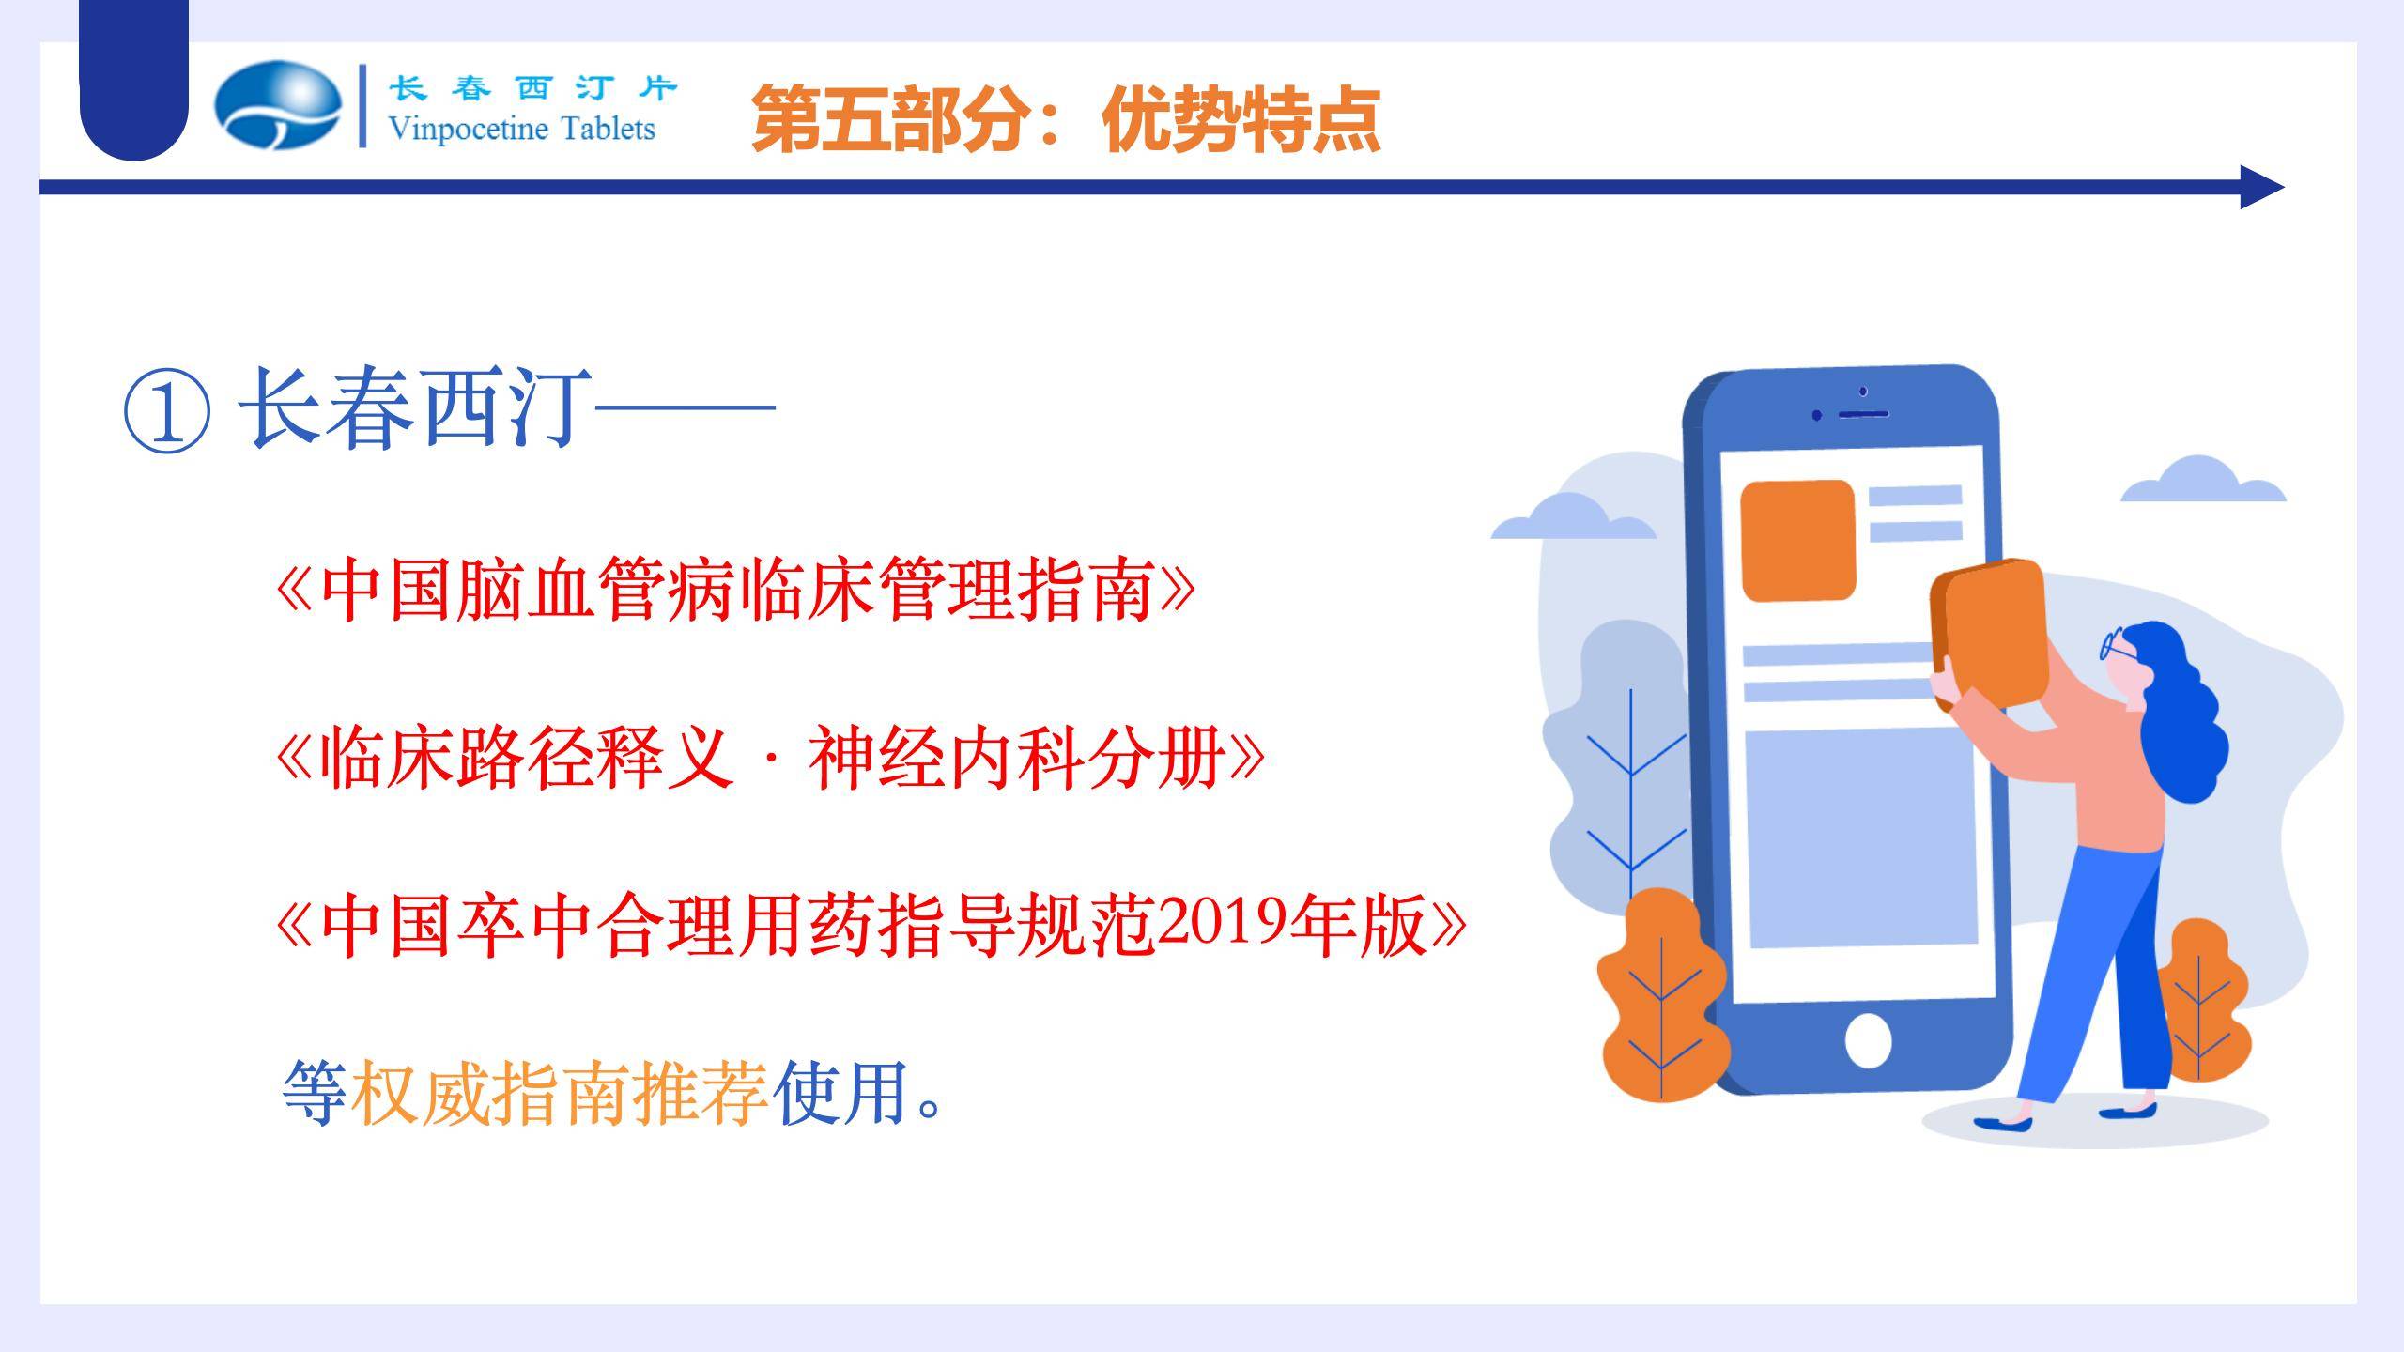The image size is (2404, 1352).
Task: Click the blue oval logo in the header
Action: (x=278, y=105)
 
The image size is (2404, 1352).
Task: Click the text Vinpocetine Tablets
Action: (x=521, y=129)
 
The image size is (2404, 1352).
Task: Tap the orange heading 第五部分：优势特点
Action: (x=1066, y=119)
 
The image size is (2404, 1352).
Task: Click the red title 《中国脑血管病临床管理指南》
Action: (x=735, y=590)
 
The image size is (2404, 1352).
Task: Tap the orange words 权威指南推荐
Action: (x=560, y=1093)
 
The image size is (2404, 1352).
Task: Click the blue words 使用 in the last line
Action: (x=840, y=1093)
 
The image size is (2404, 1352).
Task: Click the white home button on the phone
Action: (x=1868, y=1040)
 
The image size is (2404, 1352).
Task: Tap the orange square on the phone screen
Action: (x=1797, y=540)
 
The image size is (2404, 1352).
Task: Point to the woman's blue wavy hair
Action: (x=2179, y=714)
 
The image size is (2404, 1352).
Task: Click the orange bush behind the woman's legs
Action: (x=2202, y=1000)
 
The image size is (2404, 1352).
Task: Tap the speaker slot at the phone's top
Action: (x=1863, y=414)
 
